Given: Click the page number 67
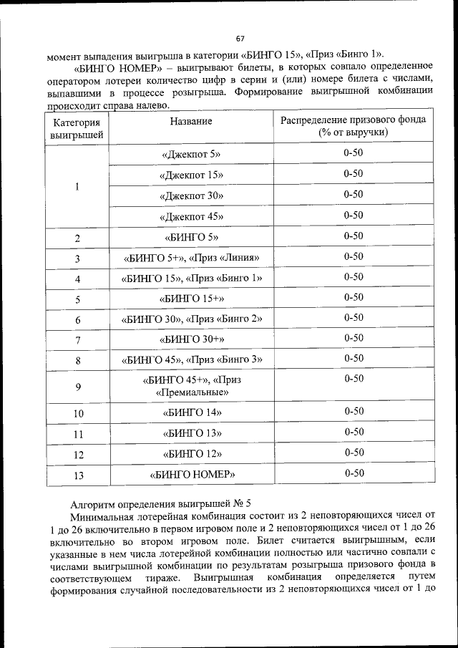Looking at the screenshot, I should (x=240, y=38).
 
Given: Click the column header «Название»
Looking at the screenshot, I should (x=191, y=122).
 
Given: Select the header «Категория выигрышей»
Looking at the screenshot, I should (x=77, y=128).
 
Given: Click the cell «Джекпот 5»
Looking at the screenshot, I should (x=191, y=154).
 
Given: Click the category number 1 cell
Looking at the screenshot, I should (x=77, y=186).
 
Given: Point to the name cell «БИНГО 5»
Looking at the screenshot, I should (x=191, y=237).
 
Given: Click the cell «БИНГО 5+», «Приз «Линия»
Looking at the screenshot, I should (x=191, y=258).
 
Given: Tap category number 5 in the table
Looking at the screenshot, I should (x=77, y=299).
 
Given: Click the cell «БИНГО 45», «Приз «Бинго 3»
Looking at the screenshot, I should (x=191, y=359).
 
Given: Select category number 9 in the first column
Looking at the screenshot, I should (x=77, y=387).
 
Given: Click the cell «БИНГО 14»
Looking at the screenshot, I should (x=191, y=412).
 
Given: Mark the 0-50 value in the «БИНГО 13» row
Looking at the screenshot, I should (x=354, y=432).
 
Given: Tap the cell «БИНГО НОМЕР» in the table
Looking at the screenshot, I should (x=191, y=474).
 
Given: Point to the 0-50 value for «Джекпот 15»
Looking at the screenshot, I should (x=354, y=174).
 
